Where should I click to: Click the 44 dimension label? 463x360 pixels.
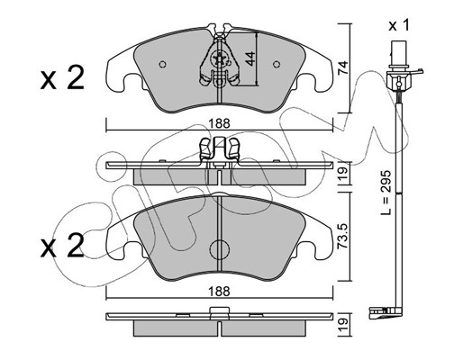[250, 58]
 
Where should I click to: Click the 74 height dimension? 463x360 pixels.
[342, 67]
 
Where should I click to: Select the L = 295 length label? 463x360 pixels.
[386, 193]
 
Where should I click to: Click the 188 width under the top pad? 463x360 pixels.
[220, 123]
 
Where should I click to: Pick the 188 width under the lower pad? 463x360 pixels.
[220, 291]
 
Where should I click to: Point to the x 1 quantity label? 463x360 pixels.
[399, 26]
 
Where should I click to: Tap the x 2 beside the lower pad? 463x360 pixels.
[62, 246]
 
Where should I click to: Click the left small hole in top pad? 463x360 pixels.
[162, 64]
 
